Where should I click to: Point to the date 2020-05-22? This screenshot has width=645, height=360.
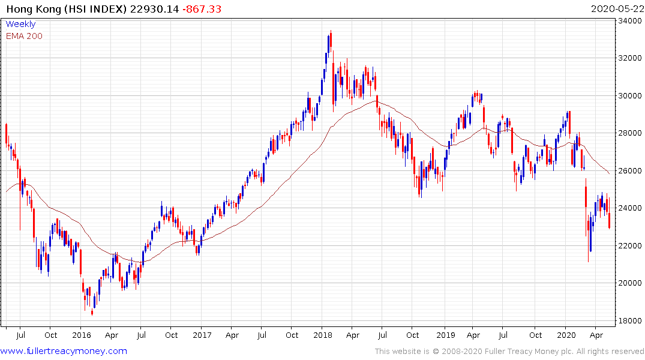[616, 9]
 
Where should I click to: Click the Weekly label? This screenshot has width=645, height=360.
[20, 25]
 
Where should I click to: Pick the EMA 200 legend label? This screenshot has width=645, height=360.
[24, 36]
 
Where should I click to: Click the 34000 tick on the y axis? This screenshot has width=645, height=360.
[629, 21]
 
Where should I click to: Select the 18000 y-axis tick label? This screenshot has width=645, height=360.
[629, 320]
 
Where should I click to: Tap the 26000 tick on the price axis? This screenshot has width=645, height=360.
[629, 171]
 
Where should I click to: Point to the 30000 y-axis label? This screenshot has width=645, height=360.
[629, 96]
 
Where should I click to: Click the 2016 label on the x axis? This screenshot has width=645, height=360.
[81, 335]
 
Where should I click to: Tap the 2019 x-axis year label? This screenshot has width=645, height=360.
[445, 335]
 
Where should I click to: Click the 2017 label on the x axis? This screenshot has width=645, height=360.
[202, 335]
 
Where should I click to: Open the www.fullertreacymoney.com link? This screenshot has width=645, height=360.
[64, 351]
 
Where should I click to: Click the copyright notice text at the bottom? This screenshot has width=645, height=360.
[509, 351]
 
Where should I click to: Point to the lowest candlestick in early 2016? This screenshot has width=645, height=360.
[92, 311]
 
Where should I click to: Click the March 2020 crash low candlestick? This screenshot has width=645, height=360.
[588, 259]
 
